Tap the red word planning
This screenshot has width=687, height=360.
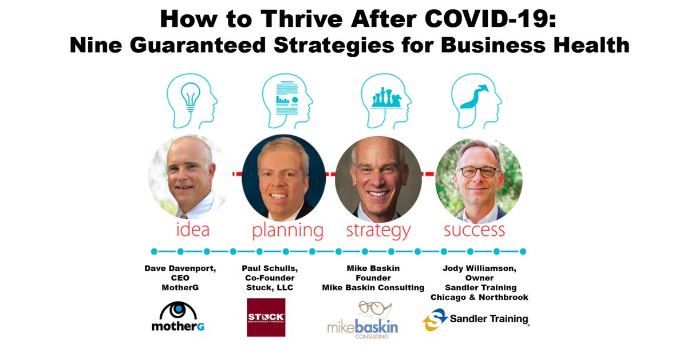coord(287,231)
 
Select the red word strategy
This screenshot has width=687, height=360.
coord(378,231)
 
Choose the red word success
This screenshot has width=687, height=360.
coord(475,230)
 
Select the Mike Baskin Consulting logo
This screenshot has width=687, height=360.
coord(362,320)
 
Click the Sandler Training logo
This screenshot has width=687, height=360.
coord(476,319)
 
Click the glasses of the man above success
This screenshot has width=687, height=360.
coord(479,171)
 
